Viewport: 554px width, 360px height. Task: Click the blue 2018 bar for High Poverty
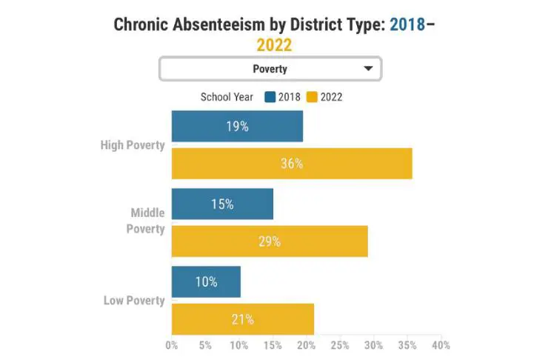point(237,126)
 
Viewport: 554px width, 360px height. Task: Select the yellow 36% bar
point(292,164)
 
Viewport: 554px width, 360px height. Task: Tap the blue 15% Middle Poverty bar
point(222,204)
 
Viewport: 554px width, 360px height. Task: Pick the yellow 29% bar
point(270,241)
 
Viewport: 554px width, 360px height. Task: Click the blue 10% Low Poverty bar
point(206,281)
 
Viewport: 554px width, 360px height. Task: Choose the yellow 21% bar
point(243,319)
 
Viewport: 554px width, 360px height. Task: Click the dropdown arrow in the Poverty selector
point(368,69)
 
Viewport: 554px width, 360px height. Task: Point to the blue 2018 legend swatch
point(270,97)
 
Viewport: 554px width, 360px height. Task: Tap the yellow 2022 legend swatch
point(312,97)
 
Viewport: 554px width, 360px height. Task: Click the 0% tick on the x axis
point(172,345)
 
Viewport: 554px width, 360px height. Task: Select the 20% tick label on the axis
point(307,345)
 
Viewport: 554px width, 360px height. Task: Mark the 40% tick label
point(441,345)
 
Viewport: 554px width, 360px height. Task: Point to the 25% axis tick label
point(340,345)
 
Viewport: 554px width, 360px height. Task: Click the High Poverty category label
point(133,145)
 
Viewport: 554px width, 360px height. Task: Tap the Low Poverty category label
point(134,301)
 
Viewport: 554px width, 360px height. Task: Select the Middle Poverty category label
point(146,221)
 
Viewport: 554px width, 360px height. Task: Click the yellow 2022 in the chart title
point(274,45)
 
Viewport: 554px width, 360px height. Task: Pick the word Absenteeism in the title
point(218,24)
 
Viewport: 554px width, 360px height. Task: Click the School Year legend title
point(227,97)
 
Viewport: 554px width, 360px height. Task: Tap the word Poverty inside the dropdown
point(270,69)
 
